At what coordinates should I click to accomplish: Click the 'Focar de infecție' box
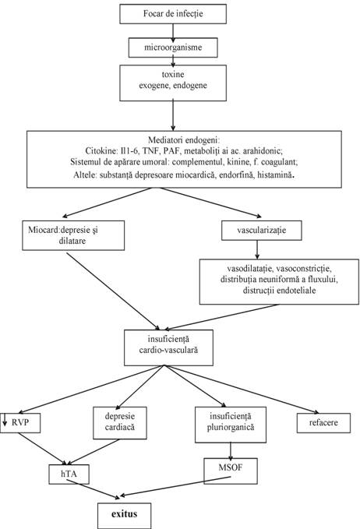click(x=173, y=14)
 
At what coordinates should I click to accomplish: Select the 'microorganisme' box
click(x=173, y=48)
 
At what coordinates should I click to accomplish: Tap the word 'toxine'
click(x=173, y=74)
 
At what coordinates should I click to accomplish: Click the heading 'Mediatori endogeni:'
click(x=184, y=139)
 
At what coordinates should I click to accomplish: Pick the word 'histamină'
click(x=275, y=175)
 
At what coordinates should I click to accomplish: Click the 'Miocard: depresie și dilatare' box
click(x=73, y=235)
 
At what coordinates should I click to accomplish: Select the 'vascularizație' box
click(x=262, y=231)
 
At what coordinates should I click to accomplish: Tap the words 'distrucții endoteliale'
click(x=280, y=291)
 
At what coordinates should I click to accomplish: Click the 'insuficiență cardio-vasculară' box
click(x=168, y=347)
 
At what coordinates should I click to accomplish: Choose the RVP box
click(x=20, y=423)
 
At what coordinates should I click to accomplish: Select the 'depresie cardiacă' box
click(x=119, y=423)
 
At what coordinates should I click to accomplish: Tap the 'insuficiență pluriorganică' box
click(x=231, y=425)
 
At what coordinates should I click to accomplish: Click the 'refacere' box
click(x=323, y=423)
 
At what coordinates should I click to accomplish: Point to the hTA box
click(x=69, y=474)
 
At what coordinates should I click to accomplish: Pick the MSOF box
click(x=231, y=471)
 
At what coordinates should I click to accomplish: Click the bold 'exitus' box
click(x=125, y=516)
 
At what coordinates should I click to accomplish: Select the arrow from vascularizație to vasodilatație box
click(x=257, y=249)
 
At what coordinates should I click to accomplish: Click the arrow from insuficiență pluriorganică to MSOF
click(x=231, y=451)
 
